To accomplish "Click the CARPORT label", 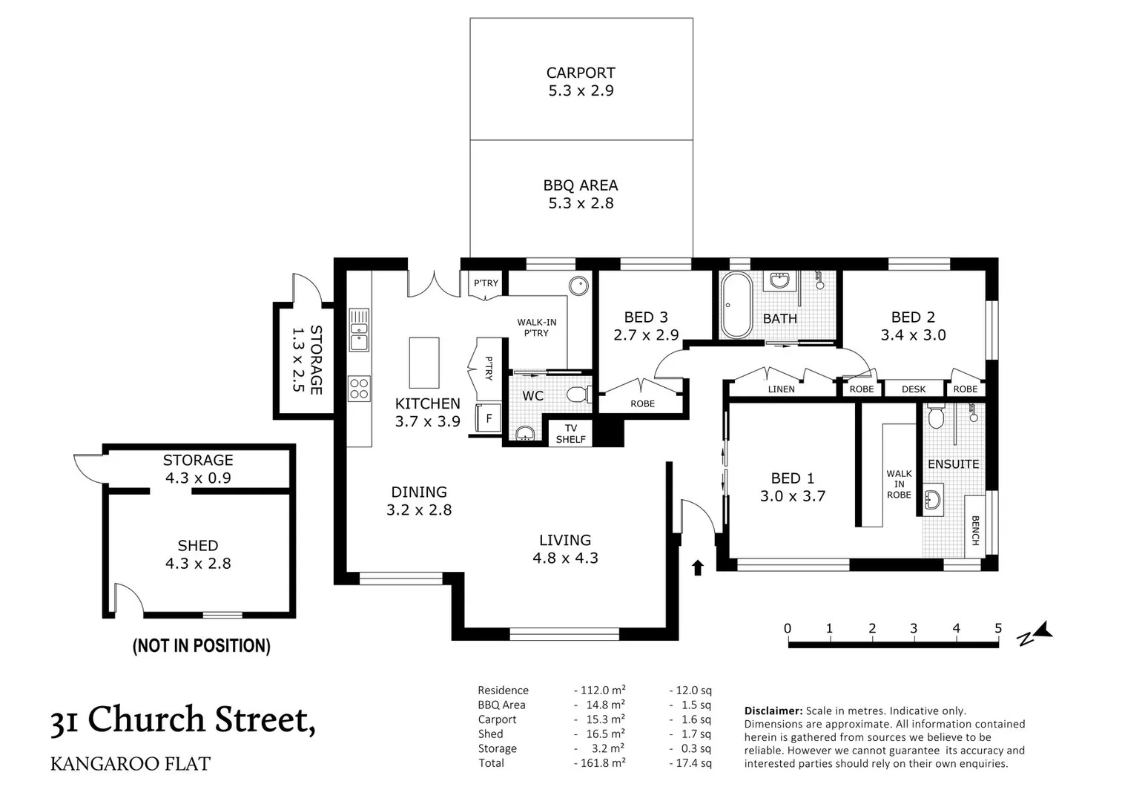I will point(581,73).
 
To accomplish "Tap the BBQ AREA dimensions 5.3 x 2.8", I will point(581,203).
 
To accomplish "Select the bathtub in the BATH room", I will point(736,305).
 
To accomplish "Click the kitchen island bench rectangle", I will point(424,363).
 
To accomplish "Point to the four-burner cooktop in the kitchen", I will point(360,389).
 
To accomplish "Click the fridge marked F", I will point(489,418).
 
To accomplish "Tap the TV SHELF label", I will point(570,434).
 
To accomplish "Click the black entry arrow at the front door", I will point(697,567).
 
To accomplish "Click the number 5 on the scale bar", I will point(997,628).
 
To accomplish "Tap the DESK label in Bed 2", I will point(913,389).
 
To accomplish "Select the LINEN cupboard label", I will point(781,389).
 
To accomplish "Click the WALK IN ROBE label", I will point(899,484).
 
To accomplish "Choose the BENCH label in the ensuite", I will point(975,530).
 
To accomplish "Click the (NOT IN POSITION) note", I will point(201,646).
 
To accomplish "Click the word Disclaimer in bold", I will point(773,711).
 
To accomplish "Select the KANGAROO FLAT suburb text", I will point(131,763).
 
